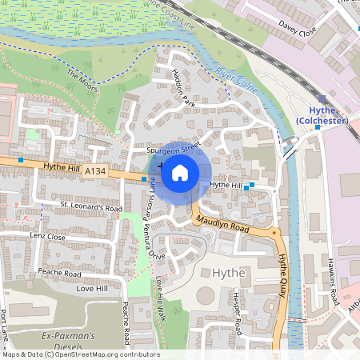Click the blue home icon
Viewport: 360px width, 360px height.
[180, 172]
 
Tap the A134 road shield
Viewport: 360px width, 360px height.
[94, 171]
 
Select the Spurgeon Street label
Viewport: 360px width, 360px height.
[172, 149]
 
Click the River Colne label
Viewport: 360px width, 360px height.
[236, 83]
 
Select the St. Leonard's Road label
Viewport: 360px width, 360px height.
[91, 207]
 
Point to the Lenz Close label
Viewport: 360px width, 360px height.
[47, 237]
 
